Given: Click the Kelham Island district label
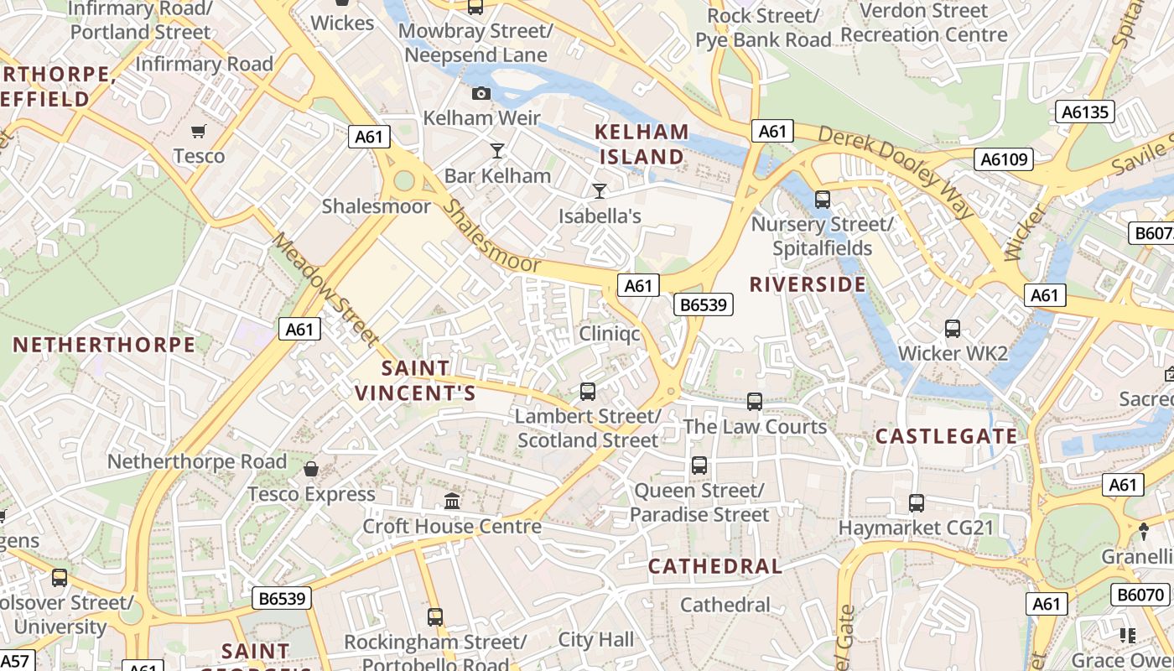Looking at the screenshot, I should tap(642, 144).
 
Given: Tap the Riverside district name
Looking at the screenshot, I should tap(808, 284).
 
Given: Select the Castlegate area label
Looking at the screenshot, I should tap(946, 436).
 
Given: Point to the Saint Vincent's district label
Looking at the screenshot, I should tap(415, 381).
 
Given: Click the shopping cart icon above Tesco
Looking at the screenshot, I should tap(199, 131).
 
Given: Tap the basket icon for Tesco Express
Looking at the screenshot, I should tap(311, 469).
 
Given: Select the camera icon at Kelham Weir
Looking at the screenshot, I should tap(481, 93).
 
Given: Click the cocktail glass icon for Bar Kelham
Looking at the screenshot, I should tap(497, 151).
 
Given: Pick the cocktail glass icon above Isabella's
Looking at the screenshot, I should tap(599, 191).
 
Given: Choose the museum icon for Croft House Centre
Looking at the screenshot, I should tap(452, 502).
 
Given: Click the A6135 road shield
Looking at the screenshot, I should tap(1084, 112).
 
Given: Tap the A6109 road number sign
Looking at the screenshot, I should tap(1004, 159).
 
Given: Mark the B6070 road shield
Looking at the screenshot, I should tap(1140, 595).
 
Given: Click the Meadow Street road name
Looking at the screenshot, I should tap(325, 289).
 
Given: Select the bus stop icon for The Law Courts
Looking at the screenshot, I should tap(755, 402).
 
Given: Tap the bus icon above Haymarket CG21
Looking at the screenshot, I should tap(917, 503).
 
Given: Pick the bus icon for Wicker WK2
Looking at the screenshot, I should tap(953, 329).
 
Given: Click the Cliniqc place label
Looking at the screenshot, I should tap(610, 334).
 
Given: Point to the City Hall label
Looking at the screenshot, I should tap(596, 640).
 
